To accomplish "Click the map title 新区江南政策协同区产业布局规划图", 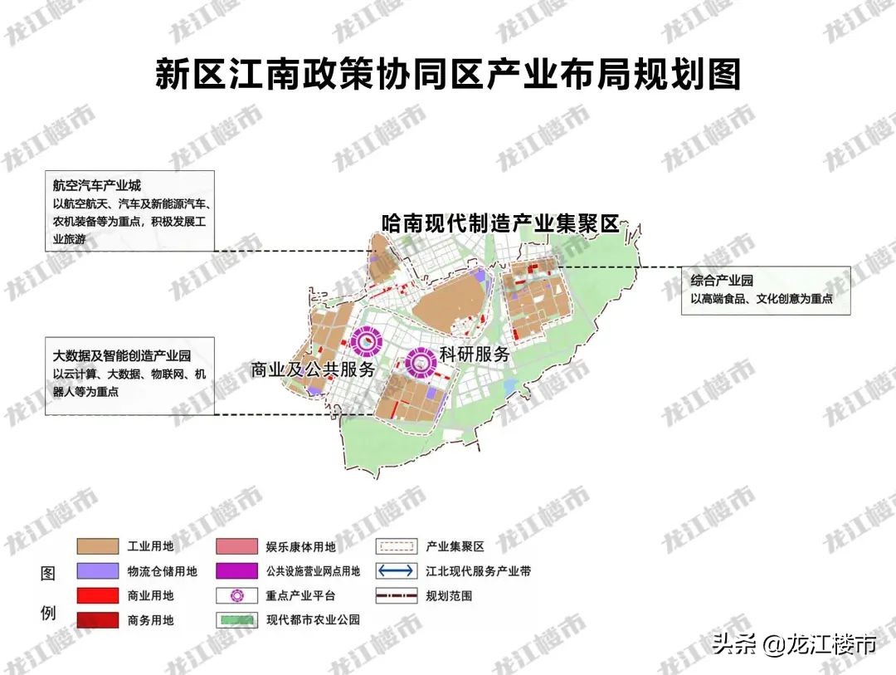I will (447, 74).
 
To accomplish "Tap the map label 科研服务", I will (475, 354).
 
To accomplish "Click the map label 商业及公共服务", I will (314, 369).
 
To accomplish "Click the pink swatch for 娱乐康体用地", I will (235, 546).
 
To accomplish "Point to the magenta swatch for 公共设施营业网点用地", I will (235, 571).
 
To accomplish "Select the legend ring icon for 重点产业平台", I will (235, 595).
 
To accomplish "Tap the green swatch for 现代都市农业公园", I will (235, 619).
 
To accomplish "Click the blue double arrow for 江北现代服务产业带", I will (395, 571).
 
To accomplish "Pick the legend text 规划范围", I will (449, 595).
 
